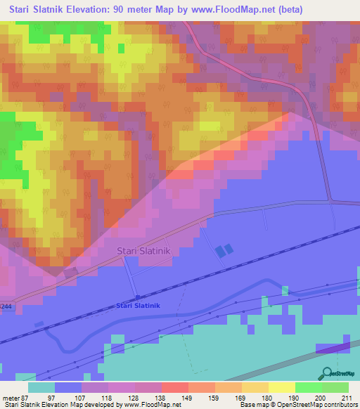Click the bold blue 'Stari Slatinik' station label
click(139, 306)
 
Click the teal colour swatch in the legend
click(41, 388)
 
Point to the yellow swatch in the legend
click(282, 388)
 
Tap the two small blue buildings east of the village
click(223, 250)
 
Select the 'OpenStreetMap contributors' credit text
click(316, 405)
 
